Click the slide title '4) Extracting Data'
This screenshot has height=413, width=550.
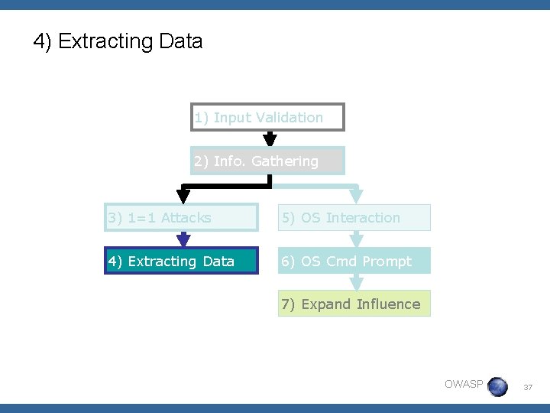[118, 41]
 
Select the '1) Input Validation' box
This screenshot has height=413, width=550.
[267, 117]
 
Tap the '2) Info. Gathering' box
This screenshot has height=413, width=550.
[267, 161]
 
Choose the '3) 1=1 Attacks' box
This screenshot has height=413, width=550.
[181, 218]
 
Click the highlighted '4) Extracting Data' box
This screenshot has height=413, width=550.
[181, 261]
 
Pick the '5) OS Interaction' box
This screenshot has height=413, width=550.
[354, 218]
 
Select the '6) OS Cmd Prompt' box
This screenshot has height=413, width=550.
[354, 261]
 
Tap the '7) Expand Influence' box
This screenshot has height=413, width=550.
[354, 304]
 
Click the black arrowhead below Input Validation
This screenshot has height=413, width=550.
[270, 139]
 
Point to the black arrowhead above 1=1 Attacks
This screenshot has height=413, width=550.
[183, 197]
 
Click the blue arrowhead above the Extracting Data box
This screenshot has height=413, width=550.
[183, 240]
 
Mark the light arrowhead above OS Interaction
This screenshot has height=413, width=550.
[356, 197]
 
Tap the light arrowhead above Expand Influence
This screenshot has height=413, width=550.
[356, 282]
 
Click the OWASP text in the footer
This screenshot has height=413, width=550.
[464, 384]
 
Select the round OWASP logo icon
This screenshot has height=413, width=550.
[497, 386]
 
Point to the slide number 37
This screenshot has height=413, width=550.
[527, 388]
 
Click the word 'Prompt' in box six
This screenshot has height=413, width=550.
[387, 261]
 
